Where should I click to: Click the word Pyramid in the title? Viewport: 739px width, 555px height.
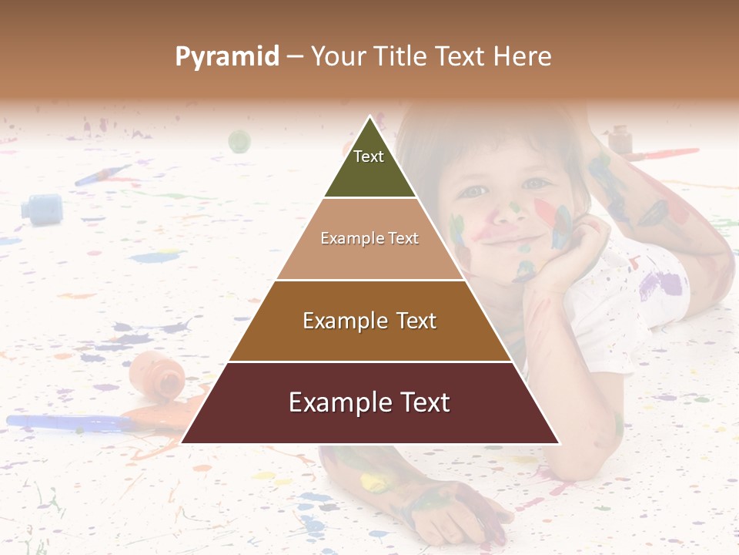[227, 57]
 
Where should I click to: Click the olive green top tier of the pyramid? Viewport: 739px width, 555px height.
[369, 173]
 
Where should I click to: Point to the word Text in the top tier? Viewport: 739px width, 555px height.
[369, 156]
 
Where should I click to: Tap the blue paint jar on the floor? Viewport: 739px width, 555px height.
[42, 208]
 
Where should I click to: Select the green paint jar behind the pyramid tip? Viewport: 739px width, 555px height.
[239, 141]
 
